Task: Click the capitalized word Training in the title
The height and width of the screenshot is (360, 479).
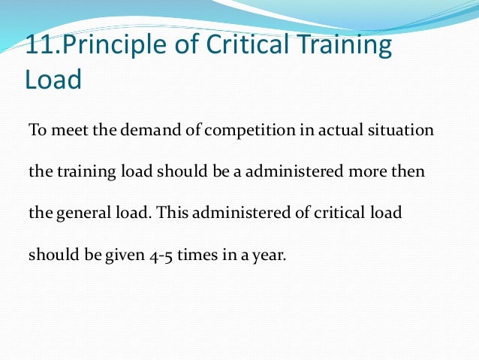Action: (344, 46)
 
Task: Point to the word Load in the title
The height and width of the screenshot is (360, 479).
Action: (53, 80)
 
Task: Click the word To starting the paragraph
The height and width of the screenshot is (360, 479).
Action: (36, 130)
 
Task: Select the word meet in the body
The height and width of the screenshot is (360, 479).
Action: (65, 130)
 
